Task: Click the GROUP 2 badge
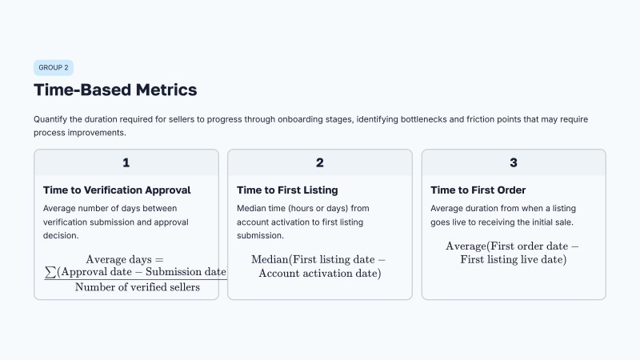tap(54, 68)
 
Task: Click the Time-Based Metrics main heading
tap(115, 90)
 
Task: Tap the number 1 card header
tap(126, 162)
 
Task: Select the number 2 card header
tap(320, 162)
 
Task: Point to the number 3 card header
tap(514, 162)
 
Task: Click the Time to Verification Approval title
tap(117, 190)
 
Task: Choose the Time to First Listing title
tap(287, 190)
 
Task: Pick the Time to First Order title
tap(478, 190)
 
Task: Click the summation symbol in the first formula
tap(51, 272)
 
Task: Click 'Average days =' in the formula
tap(125, 259)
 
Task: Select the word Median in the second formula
tap(270, 260)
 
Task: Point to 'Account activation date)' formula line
tap(320, 274)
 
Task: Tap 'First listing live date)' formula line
tap(514, 259)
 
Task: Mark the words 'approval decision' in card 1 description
tap(169, 222)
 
